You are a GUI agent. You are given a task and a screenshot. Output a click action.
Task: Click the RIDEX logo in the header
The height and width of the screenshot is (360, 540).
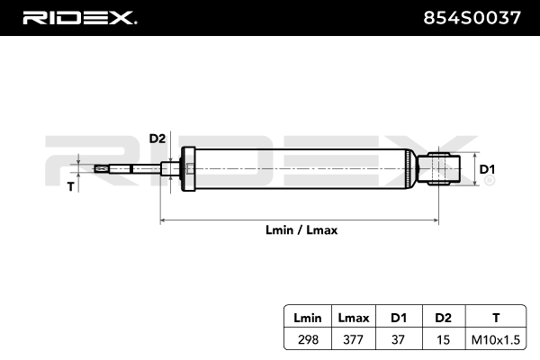click(x=78, y=17)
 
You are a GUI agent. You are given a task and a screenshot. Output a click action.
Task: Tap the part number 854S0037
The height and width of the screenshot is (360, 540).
click(x=471, y=17)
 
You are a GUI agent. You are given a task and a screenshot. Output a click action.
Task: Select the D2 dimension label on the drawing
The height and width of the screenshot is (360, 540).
click(x=157, y=139)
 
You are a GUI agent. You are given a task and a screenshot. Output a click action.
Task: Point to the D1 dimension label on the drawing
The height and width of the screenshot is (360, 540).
click(x=486, y=168)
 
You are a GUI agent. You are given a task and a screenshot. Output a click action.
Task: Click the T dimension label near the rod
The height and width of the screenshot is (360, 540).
click(x=72, y=187)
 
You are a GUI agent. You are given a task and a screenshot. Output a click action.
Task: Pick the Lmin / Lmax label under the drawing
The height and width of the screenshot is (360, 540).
click(x=301, y=229)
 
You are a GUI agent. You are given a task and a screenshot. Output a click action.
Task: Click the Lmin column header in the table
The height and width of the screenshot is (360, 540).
click(x=303, y=317)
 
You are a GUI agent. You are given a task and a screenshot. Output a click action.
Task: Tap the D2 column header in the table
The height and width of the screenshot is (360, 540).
click(x=442, y=317)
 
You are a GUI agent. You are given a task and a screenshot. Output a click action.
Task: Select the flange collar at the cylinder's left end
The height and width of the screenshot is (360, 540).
click(x=189, y=168)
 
